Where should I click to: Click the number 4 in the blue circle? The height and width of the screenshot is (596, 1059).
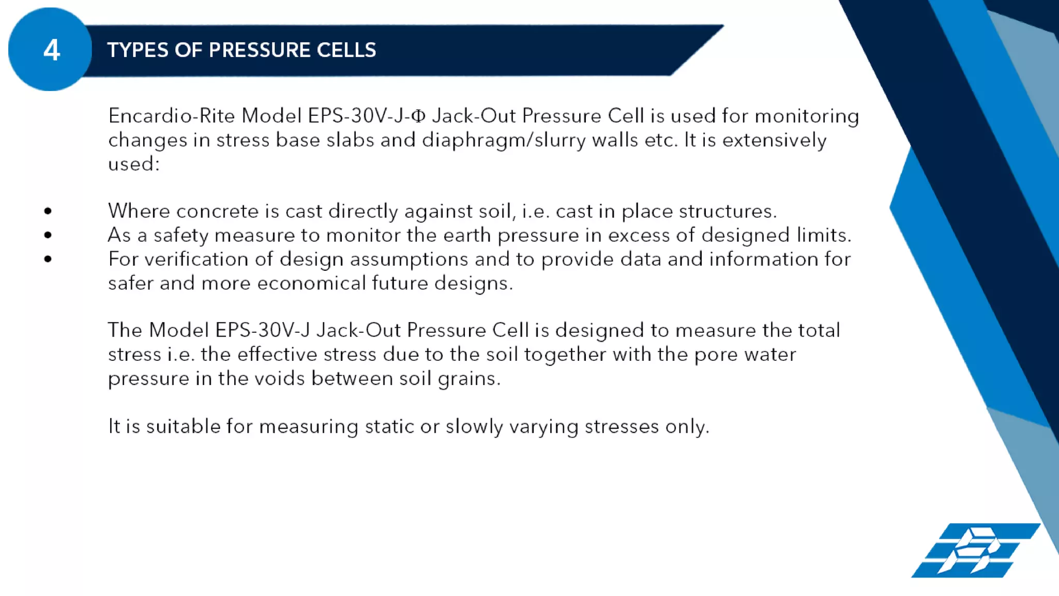51,50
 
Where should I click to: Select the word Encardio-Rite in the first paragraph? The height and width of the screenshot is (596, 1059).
172,116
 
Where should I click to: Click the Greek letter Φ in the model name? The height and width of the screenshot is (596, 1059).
418,116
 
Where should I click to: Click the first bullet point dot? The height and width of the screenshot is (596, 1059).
48,211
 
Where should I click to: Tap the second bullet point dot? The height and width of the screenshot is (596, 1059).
48,235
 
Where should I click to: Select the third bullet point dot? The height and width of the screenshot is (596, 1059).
48,259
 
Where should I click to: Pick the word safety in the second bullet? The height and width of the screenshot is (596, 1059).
180,236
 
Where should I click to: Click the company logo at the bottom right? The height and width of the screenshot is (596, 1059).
975,550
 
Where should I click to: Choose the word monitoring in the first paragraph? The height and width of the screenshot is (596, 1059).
807,116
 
